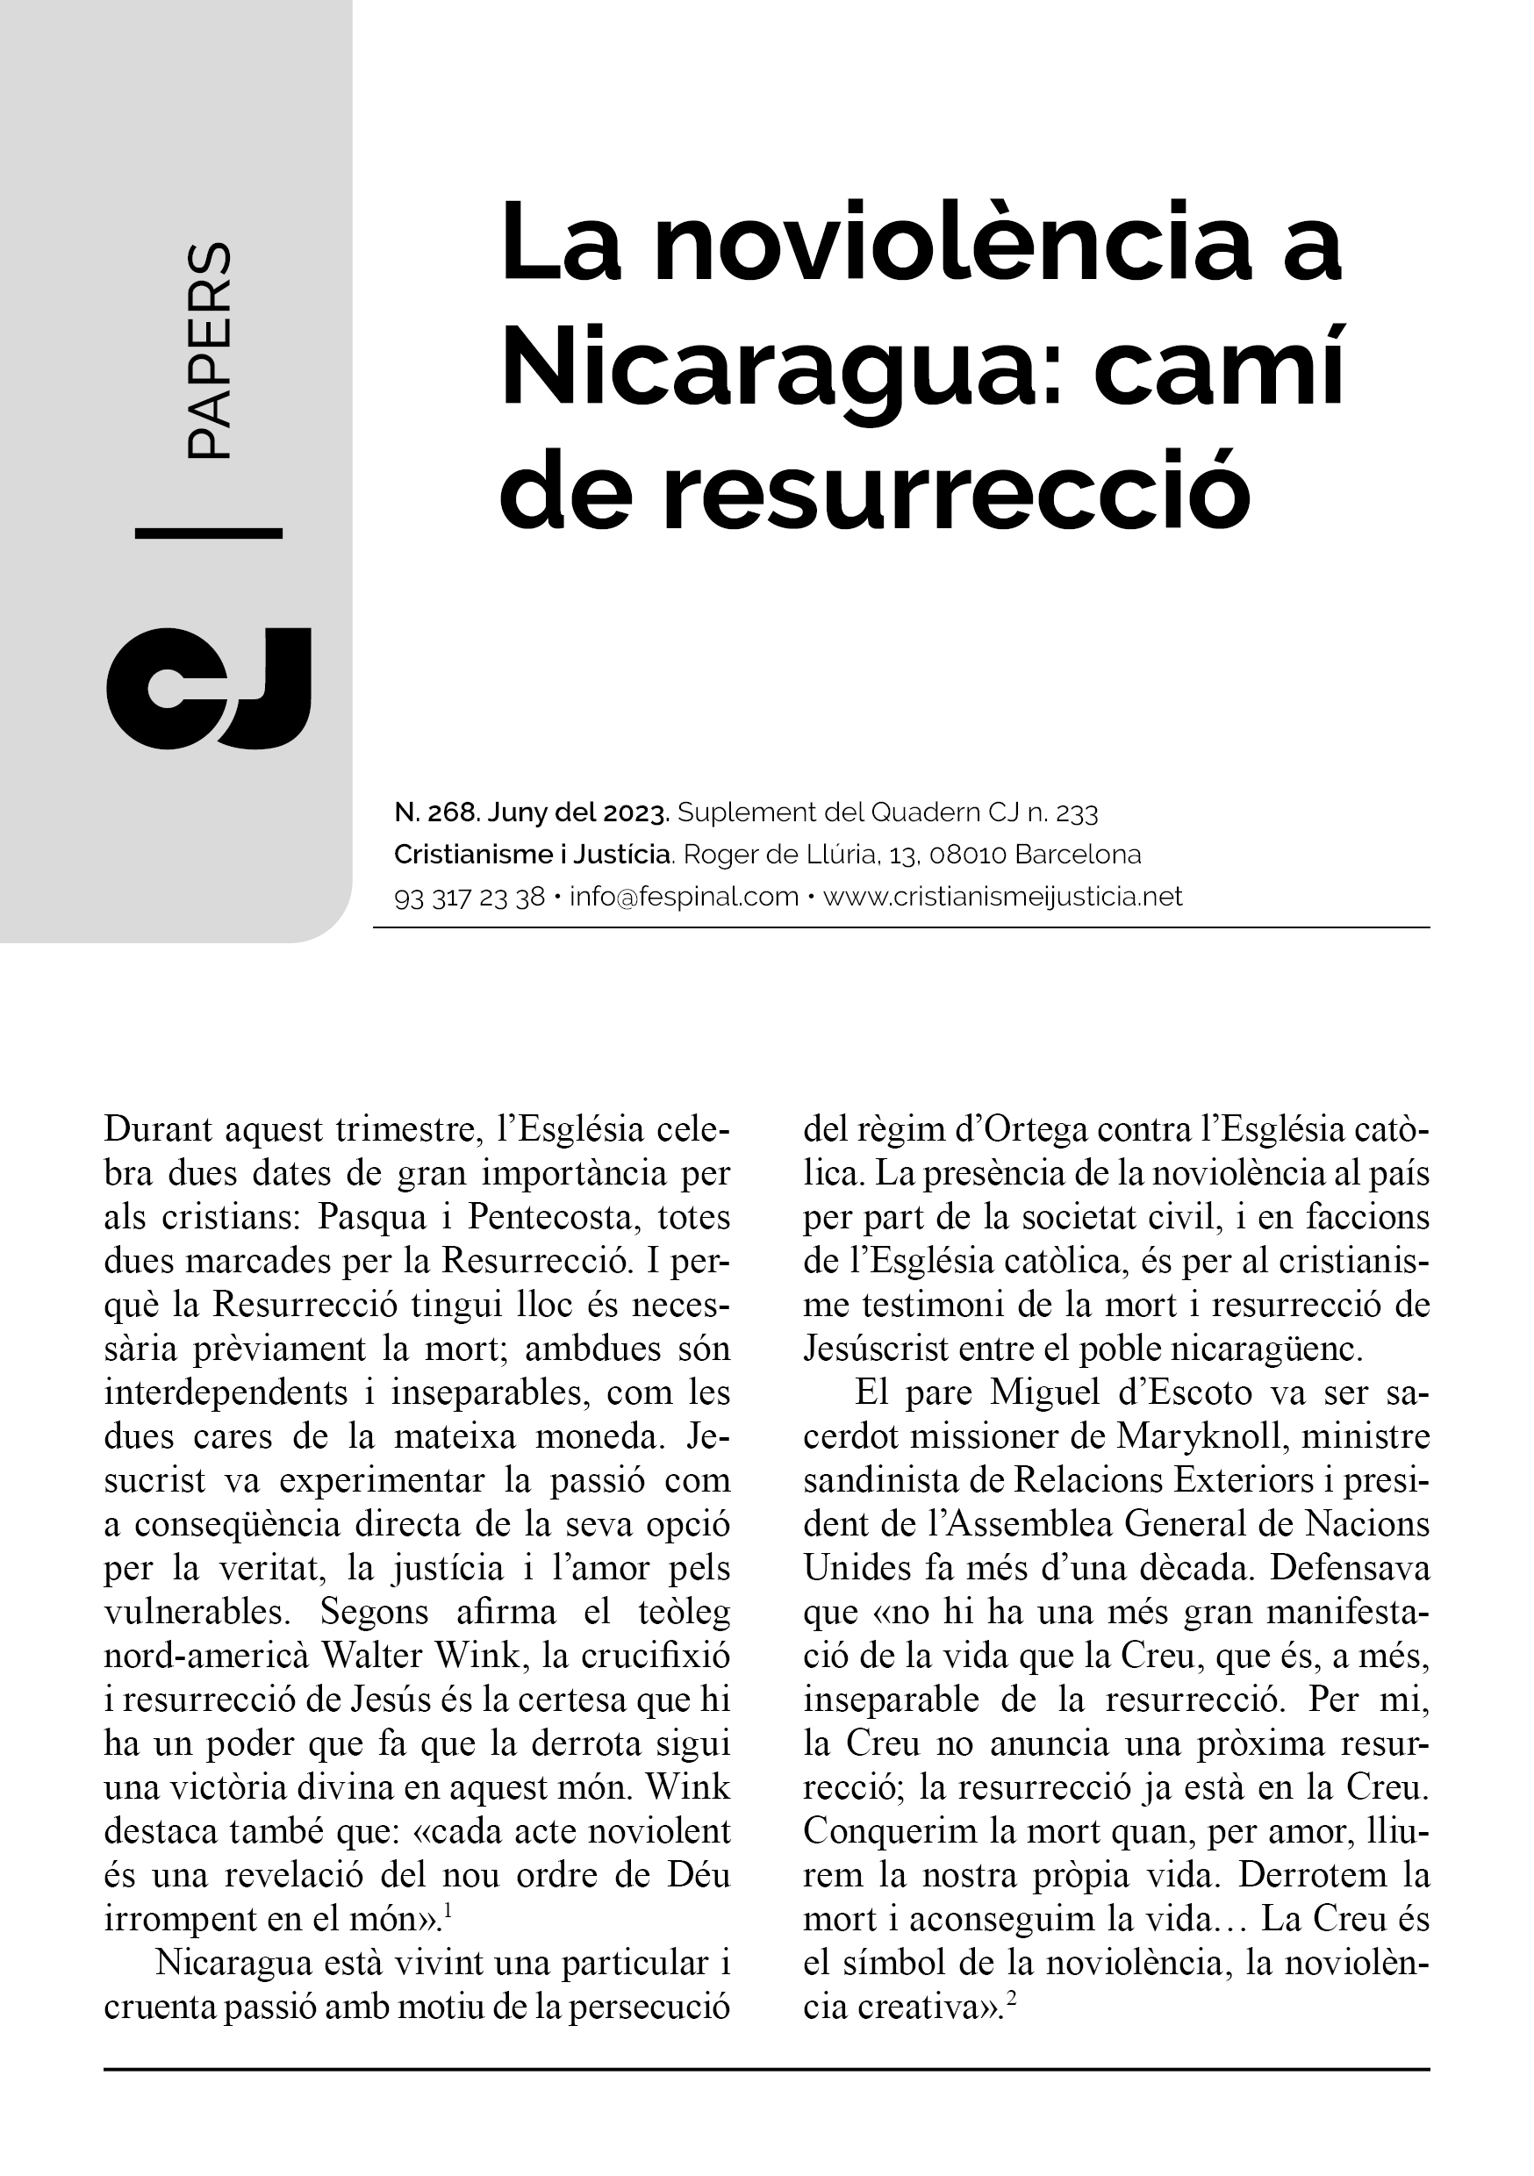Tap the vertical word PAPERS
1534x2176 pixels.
(208, 352)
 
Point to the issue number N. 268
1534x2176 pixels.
(437, 812)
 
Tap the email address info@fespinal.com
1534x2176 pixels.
(684, 896)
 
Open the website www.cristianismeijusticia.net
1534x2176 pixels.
(1002, 896)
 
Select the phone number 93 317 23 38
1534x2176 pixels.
(469, 897)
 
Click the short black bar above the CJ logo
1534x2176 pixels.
(209, 533)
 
